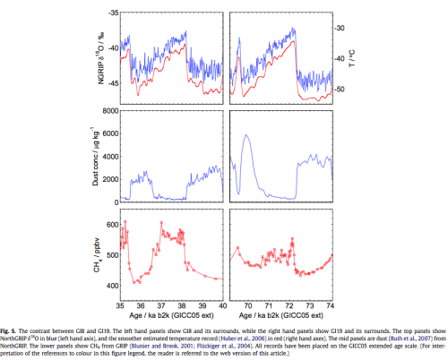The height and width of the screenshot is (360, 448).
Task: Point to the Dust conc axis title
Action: click(x=90, y=156)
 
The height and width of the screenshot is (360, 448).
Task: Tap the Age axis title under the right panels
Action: click(x=280, y=303)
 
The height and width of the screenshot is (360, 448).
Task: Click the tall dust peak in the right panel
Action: click(x=246, y=135)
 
